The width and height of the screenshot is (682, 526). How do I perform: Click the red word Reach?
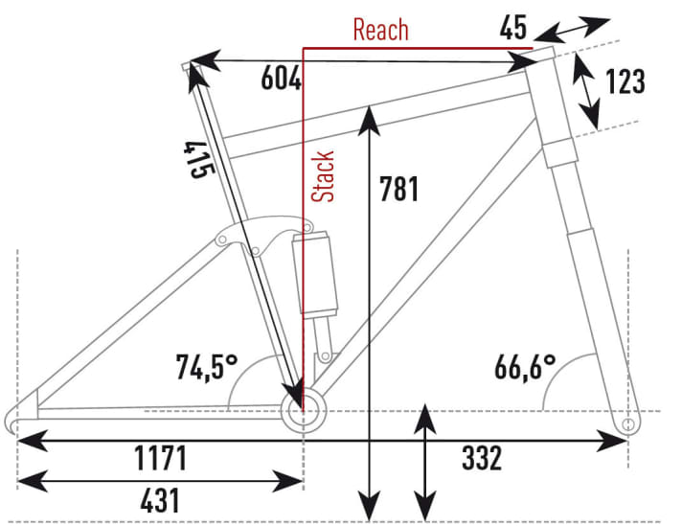pos(380,30)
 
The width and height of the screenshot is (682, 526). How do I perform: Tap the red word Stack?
pos(323,176)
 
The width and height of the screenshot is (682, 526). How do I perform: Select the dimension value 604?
pos(281,79)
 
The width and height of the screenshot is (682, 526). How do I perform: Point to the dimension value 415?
pos(199,159)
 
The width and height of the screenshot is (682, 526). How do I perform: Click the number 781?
pos(398,189)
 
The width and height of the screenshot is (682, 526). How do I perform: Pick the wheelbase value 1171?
pos(161,458)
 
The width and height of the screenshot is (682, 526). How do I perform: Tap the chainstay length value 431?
pos(160,500)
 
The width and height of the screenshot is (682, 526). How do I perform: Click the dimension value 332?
pos(482,458)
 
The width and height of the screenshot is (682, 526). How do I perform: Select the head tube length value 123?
pos(625,81)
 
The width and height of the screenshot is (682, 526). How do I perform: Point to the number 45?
pos(513,28)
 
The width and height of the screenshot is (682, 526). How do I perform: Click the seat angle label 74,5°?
pos(207,367)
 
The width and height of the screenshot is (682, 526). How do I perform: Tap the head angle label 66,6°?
pos(525,367)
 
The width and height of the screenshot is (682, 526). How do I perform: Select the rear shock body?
pos(315,273)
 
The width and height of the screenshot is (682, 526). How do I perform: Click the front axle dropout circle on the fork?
pos(628,424)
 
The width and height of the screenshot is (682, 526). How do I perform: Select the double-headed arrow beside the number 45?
pos(572,30)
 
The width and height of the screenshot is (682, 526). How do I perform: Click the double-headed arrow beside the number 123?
pos(586,90)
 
